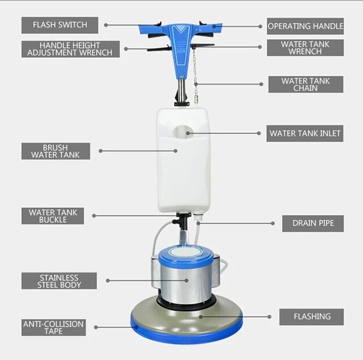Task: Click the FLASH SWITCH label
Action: (x=60, y=25)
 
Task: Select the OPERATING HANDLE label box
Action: (x=305, y=26)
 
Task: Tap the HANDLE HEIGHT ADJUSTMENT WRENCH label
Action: (x=71, y=49)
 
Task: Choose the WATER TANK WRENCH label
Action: (x=305, y=48)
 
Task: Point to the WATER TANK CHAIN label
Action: (x=305, y=85)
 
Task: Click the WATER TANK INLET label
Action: (x=305, y=133)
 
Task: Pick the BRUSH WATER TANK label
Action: (x=56, y=150)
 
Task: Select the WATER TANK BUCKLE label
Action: (x=53, y=216)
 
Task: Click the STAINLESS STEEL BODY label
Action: (x=59, y=281)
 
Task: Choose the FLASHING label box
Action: (x=312, y=317)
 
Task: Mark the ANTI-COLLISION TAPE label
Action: (x=53, y=328)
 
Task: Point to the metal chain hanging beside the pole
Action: (x=195, y=71)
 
